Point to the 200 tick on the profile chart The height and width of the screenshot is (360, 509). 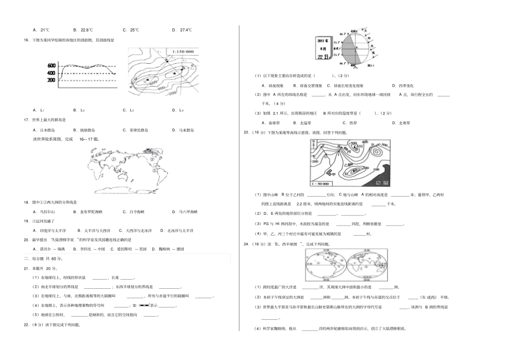pyautogui.click(x=51, y=80)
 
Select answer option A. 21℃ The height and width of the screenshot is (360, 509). pyautogui.click(x=41, y=30)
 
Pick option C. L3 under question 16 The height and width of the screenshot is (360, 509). pyautogui.click(x=128, y=110)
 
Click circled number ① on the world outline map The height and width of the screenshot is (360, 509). pyautogui.click(x=114, y=158)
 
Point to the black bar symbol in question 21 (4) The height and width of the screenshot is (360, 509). pyautogui.click(x=144, y=305)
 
